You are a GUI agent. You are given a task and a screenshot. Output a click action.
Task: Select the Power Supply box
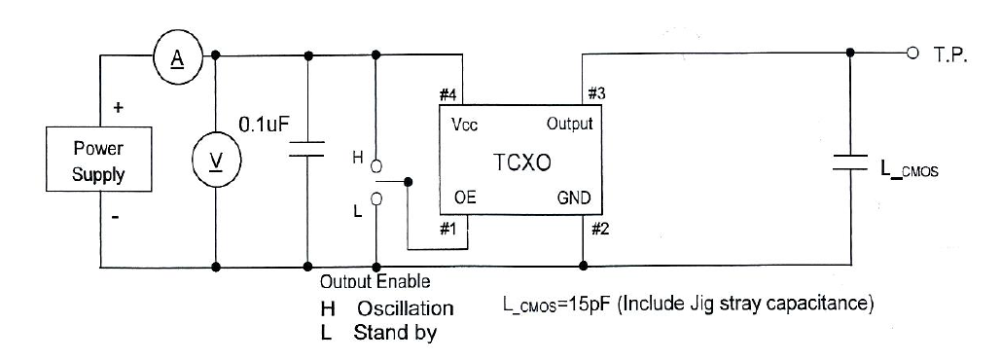click(x=98, y=162)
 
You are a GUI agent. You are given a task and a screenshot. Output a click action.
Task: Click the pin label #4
click(x=448, y=95)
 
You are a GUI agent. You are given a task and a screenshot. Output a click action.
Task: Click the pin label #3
click(x=597, y=94)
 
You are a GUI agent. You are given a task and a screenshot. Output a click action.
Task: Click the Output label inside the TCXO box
click(x=569, y=125)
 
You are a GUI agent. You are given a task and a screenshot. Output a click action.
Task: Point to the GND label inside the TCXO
click(x=574, y=198)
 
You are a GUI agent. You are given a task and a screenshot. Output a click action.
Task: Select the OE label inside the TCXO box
click(x=465, y=198)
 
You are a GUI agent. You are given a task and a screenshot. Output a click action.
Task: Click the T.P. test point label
click(x=949, y=56)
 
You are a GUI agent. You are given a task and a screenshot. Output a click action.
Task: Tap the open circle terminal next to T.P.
click(x=912, y=53)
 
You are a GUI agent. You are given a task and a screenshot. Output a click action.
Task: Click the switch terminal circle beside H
click(x=375, y=166)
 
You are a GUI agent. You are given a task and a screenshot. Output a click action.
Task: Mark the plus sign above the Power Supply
click(x=118, y=108)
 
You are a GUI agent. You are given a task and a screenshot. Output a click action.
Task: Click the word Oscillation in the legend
click(x=405, y=308)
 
